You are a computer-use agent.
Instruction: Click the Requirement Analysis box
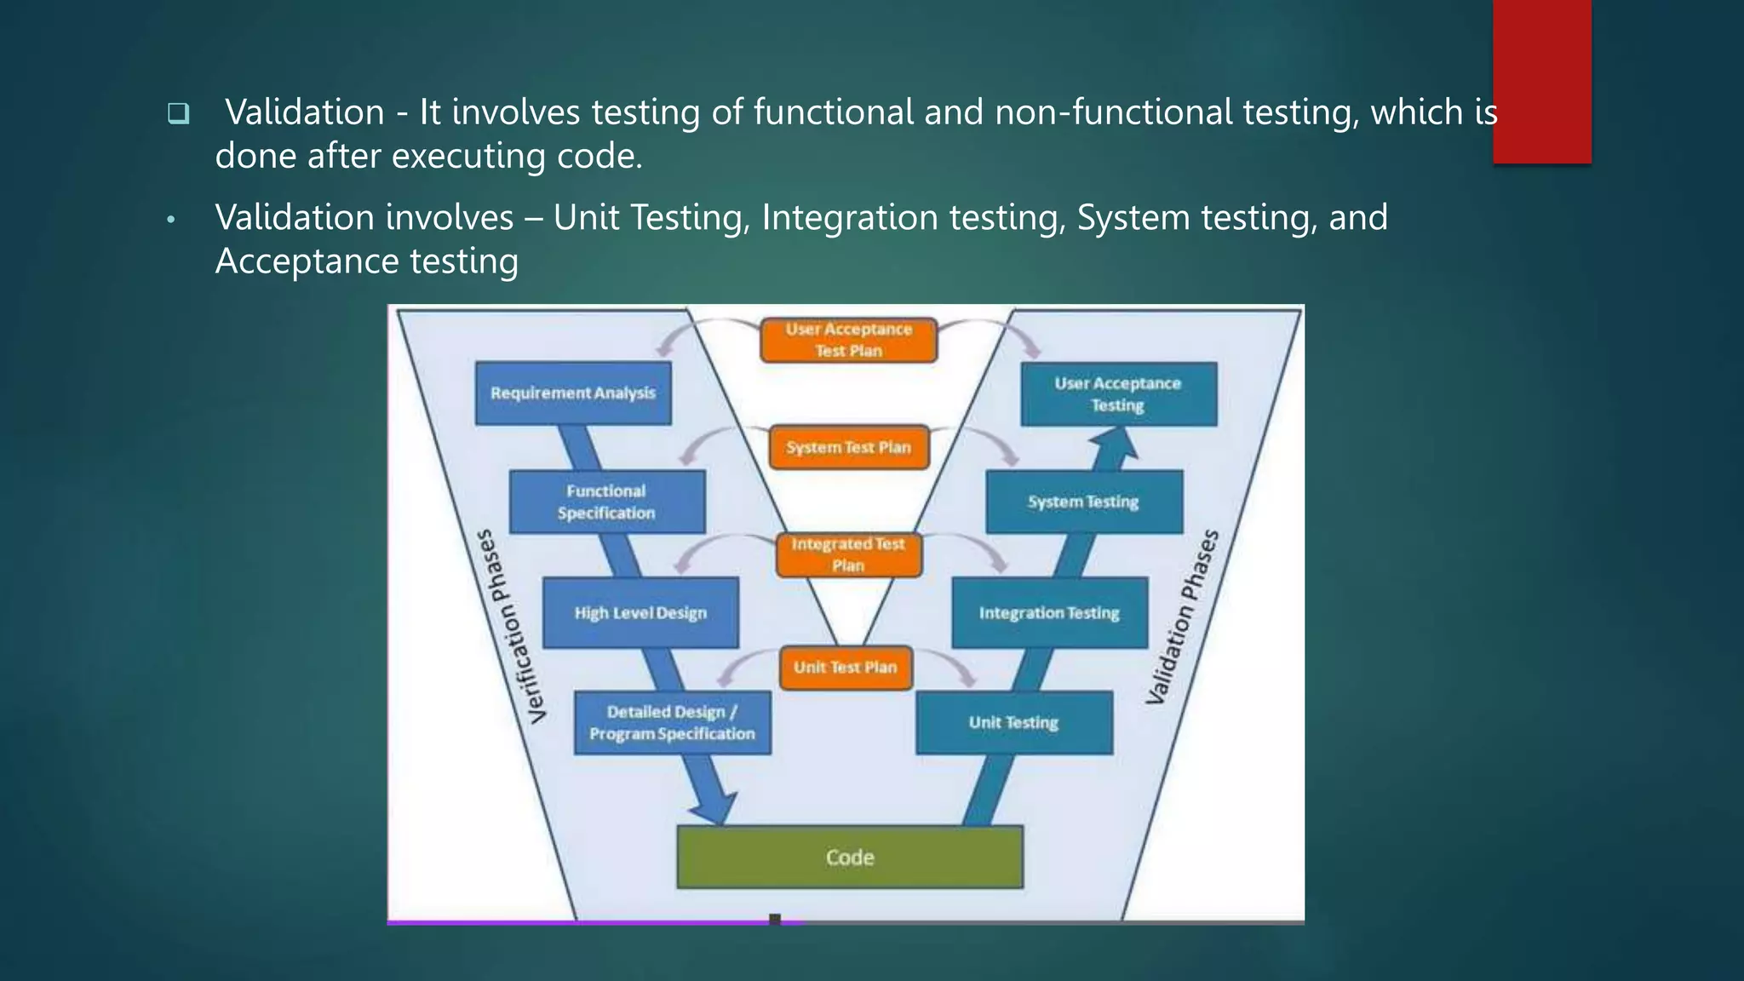[573, 393]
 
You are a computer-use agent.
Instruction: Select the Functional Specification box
[606, 502]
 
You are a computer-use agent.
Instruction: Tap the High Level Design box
[640, 613]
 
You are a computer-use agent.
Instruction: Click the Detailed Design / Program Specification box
[672, 723]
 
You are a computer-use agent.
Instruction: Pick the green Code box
[850, 858]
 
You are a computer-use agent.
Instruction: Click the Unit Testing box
[1013, 723]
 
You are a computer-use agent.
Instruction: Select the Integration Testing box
[1049, 613]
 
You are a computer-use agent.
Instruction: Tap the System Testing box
[1083, 502]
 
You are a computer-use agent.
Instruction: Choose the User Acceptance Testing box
[1118, 394]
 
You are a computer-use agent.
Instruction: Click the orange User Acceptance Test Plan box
[848, 340]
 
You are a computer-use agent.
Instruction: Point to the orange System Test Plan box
[848, 448]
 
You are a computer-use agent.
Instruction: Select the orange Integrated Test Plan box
[848, 554]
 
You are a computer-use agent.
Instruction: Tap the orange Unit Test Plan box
[846, 668]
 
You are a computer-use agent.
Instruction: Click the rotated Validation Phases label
[1183, 617]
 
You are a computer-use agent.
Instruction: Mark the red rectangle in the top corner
[1541, 81]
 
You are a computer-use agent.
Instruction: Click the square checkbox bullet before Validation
[178, 113]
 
